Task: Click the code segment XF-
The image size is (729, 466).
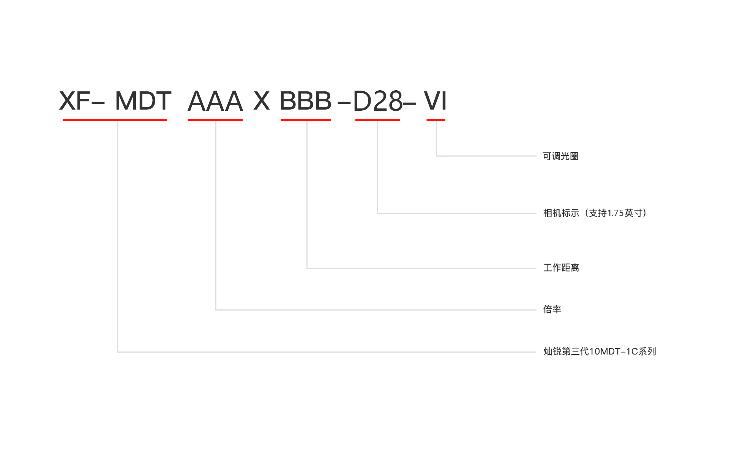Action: pos(82,101)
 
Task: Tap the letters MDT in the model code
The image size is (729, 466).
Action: pos(143,101)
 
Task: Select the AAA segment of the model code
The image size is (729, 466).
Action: pos(215,101)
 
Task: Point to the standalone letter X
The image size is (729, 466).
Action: pos(262,101)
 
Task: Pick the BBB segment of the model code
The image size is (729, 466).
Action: pos(306,101)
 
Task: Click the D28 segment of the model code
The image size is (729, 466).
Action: pos(378,101)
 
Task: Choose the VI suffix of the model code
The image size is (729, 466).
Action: pos(435,101)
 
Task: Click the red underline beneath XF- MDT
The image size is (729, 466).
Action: pos(115,120)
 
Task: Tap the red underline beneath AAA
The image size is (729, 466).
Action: pos(215,120)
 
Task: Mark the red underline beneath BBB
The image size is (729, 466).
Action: pos(306,120)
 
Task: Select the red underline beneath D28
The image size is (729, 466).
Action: pos(377,120)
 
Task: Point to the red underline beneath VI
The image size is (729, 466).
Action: pos(436,120)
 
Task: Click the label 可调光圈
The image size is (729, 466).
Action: pos(561,156)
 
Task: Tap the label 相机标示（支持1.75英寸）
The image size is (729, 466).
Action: pos(595,213)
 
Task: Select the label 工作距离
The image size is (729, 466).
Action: pos(561,268)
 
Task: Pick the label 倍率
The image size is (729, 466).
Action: pos(552,309)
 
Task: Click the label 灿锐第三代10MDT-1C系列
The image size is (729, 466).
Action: pos(600,351)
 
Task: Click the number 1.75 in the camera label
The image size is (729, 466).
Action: pos(615,213)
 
